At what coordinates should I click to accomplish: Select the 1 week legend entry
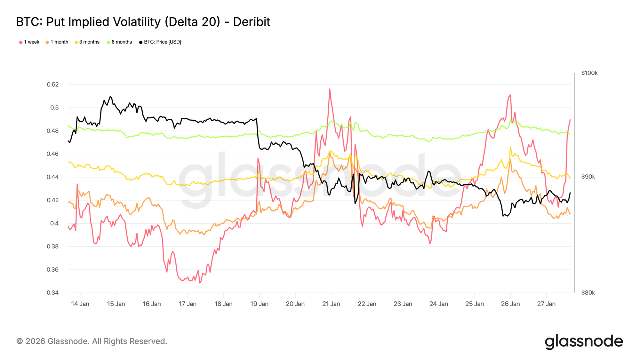(x=29, y=42)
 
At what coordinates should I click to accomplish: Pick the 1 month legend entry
(x=57, y=42)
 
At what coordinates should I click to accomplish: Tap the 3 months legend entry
(x=87, y=42)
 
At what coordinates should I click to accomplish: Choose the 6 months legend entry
(x=119, y=42)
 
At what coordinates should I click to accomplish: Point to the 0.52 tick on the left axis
(x=53, y=85)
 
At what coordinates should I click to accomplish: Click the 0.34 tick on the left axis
(x=53, y=293)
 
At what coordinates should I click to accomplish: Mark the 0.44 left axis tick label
(x=53, y=177)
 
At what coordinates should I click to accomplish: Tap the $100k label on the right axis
(x=589, y=73)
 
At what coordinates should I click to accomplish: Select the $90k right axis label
(x=588, y=177)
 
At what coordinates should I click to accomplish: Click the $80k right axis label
(x=588, y=293)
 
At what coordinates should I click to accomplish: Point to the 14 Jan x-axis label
(x=80, y=304)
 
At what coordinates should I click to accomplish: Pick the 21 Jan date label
(x=331, y=304)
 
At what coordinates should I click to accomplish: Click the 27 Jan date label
(x=546, y=304)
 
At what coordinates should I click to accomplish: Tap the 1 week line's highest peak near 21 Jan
(x=330, y=89)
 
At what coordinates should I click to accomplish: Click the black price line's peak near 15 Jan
(x=110, y=96)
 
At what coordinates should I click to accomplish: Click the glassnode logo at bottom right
(x=584, y=342)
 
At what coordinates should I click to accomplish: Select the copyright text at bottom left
(x=92, y=341)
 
